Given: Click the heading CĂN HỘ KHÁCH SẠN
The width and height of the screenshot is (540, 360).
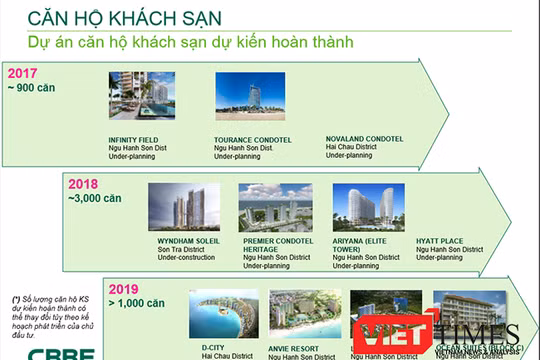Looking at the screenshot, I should (x=125, y=17).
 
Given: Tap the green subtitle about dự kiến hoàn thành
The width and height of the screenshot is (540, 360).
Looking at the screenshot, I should (x=191, y=43).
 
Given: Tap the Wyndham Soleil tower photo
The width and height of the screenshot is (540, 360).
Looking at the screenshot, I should (x=184, y=207).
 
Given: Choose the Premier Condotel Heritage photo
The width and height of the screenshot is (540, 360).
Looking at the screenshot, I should (x=275, y=207).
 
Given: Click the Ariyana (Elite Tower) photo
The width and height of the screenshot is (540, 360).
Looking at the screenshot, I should (x=367, y=207).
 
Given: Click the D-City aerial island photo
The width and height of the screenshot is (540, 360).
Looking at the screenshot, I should (x=223, y=314).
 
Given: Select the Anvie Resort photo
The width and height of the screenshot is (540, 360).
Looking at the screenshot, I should (x=304, y=314).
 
